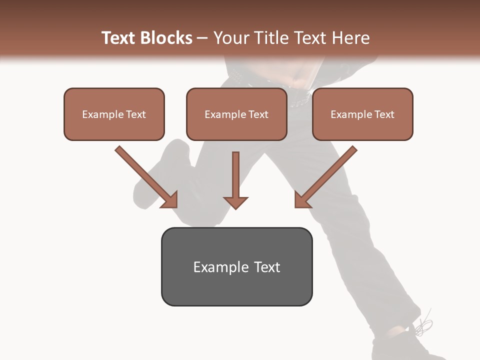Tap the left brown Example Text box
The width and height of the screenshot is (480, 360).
[x=114, y=114]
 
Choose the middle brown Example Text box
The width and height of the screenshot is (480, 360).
[x=236, y=114]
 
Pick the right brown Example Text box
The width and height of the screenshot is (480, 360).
[x=362, y=114]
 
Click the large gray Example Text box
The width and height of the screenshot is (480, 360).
[x=236, y=266]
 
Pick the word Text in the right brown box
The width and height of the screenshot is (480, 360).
[x=384, y=114]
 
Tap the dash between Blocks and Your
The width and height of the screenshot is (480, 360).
[x=202, y=38]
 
